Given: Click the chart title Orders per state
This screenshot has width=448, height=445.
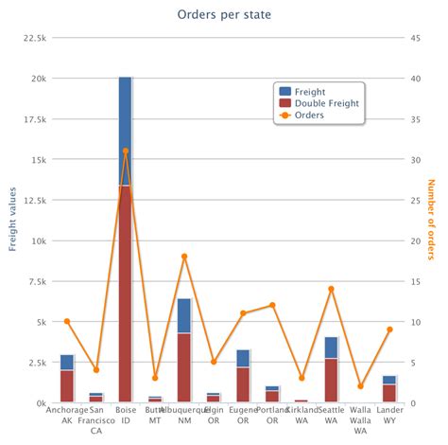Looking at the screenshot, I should [223, 14].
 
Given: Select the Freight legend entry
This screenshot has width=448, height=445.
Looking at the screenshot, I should [311, 90].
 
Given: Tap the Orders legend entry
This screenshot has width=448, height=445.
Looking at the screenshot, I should [309, 115].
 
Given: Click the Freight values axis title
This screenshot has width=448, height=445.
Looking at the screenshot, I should [13, 220].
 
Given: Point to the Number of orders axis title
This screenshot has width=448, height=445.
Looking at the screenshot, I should [433, 220].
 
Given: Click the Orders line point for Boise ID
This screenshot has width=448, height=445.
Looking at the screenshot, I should [126, 151].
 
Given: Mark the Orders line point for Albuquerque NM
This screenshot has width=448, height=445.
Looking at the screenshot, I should [184, 257].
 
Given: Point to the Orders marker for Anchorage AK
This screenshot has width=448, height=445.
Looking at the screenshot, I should [66, 322].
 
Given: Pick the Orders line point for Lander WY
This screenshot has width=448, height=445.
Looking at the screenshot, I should [390, 329].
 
